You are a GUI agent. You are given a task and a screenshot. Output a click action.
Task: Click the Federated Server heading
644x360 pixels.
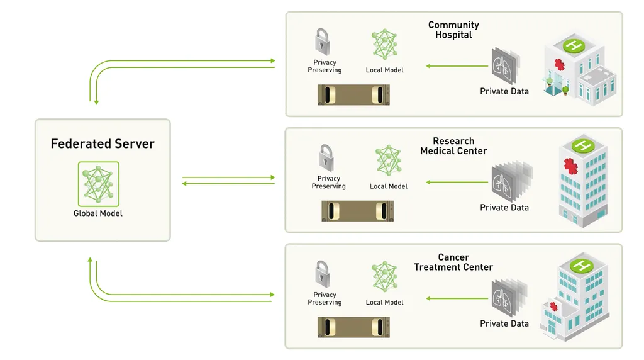[103, 144]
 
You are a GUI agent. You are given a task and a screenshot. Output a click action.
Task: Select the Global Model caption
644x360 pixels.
[98, 213]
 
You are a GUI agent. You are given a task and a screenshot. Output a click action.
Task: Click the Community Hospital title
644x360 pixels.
[453, 30]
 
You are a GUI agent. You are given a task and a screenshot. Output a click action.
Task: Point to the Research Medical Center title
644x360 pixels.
[453, 146]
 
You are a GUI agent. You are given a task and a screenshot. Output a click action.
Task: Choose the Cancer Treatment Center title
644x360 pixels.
[453, 262]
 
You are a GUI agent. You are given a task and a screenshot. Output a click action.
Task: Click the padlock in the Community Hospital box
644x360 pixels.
[325, 41]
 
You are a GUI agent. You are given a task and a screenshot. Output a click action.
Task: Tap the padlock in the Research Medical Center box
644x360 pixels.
[326, 157]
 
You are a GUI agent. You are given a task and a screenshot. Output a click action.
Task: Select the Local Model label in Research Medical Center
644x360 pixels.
[389, 186]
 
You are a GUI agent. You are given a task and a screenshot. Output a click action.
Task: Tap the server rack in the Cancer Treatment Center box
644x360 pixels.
[353, 327]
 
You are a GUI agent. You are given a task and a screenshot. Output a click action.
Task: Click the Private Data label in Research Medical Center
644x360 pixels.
[504, 208]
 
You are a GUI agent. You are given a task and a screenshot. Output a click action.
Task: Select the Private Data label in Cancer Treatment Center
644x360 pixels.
[504, 323]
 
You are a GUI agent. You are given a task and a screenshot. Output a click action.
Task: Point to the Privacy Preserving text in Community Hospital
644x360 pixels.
[325, 66]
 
